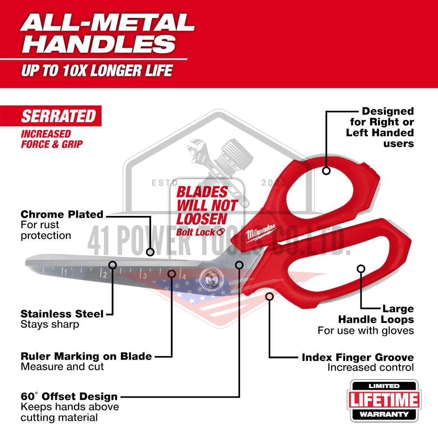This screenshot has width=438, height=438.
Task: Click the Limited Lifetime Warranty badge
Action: [x=384, y=400]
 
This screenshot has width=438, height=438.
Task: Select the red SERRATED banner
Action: [x=51, y=116]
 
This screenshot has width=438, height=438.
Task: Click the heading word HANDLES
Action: [x=99, y=44]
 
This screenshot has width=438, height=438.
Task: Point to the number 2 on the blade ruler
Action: [x=105, y=275]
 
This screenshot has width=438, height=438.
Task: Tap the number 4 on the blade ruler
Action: [x=184, y=277]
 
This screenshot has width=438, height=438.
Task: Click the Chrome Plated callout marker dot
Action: [x=150, y=252]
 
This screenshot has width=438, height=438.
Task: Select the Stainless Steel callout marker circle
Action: [x=113, y=265]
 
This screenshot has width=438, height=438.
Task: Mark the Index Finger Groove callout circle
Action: [x=269, y=297]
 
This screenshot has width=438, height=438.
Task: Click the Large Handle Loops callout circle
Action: [x=361, y=269]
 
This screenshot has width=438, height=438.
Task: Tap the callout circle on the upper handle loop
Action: [x=326, y=171]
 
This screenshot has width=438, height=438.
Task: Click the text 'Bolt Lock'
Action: [x=195, y=232]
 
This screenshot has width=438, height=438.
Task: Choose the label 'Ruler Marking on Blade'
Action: [x=86, y=357]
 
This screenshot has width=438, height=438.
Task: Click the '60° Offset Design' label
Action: [x=69, y=396]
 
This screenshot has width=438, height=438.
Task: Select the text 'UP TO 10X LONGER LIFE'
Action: [x=97, y=71]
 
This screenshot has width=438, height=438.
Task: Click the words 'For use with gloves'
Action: [x=366, y=331]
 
